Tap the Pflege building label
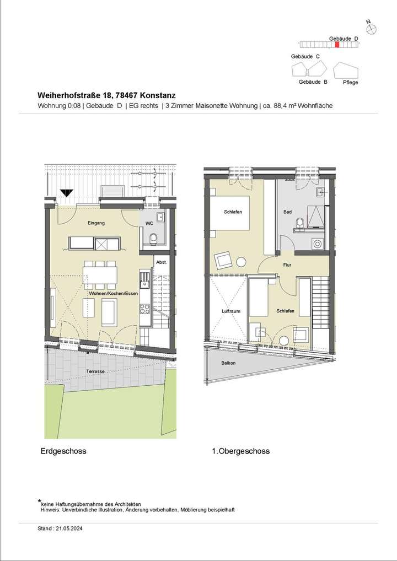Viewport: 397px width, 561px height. tap(350, 82)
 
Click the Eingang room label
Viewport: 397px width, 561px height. tap(95, 223)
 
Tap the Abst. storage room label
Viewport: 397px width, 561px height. tap(162, 262)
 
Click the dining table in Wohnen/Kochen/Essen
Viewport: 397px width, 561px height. tap(100, 274)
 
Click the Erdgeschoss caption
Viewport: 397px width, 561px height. tap(63, 451)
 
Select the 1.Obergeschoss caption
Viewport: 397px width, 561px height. tap(240, 451)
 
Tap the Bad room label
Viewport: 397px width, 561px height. tap(287, 212)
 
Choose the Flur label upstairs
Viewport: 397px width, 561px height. tap(287, 265)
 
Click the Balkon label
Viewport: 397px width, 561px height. tap(228, 363)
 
